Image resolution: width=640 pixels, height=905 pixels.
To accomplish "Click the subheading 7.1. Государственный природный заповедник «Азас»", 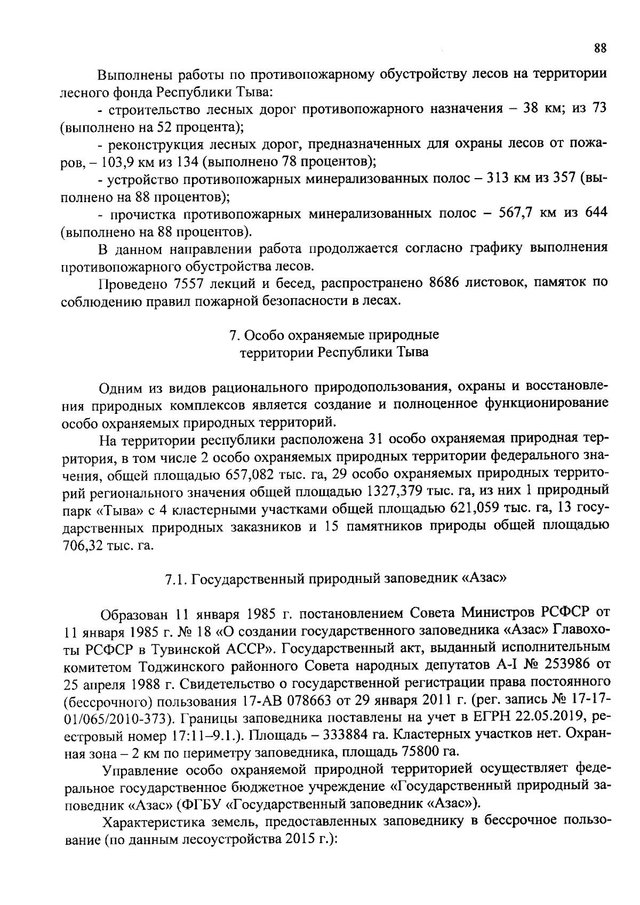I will pos(335,579).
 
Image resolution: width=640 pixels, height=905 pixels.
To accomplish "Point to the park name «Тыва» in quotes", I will pos(117,509).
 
